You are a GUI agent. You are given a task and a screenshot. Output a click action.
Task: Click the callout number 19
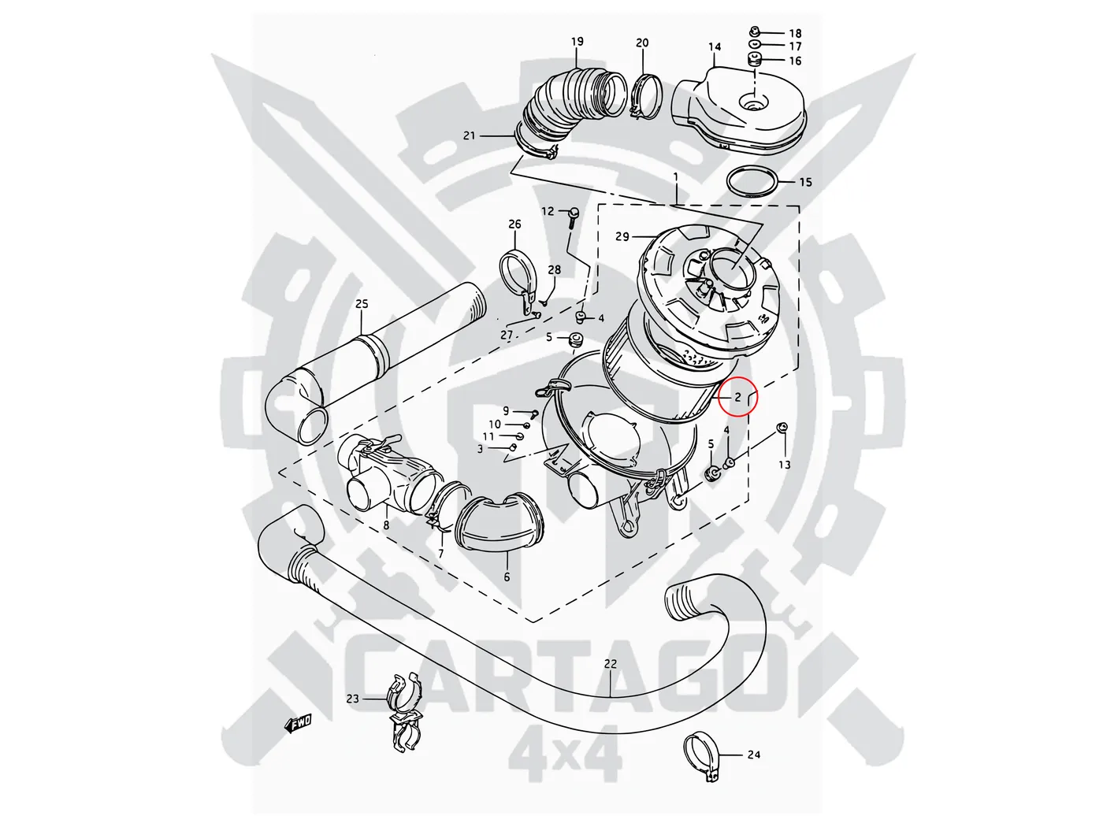(577, 42)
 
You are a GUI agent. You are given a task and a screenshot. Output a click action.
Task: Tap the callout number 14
(715, 47)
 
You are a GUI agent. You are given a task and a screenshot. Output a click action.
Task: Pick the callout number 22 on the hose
(611, 664)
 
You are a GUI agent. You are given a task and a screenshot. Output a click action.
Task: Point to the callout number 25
(362, 304)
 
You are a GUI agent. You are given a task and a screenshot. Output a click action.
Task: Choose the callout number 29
(622, 236)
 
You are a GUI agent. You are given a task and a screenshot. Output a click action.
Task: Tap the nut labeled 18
(754, 32)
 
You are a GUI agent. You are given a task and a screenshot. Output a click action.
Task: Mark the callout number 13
(785, 465)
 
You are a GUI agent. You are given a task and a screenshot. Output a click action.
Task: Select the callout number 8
(386, 525)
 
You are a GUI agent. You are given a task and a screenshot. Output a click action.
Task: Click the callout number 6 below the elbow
(507, 577)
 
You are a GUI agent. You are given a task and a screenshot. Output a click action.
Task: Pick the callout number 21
(470, 135)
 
